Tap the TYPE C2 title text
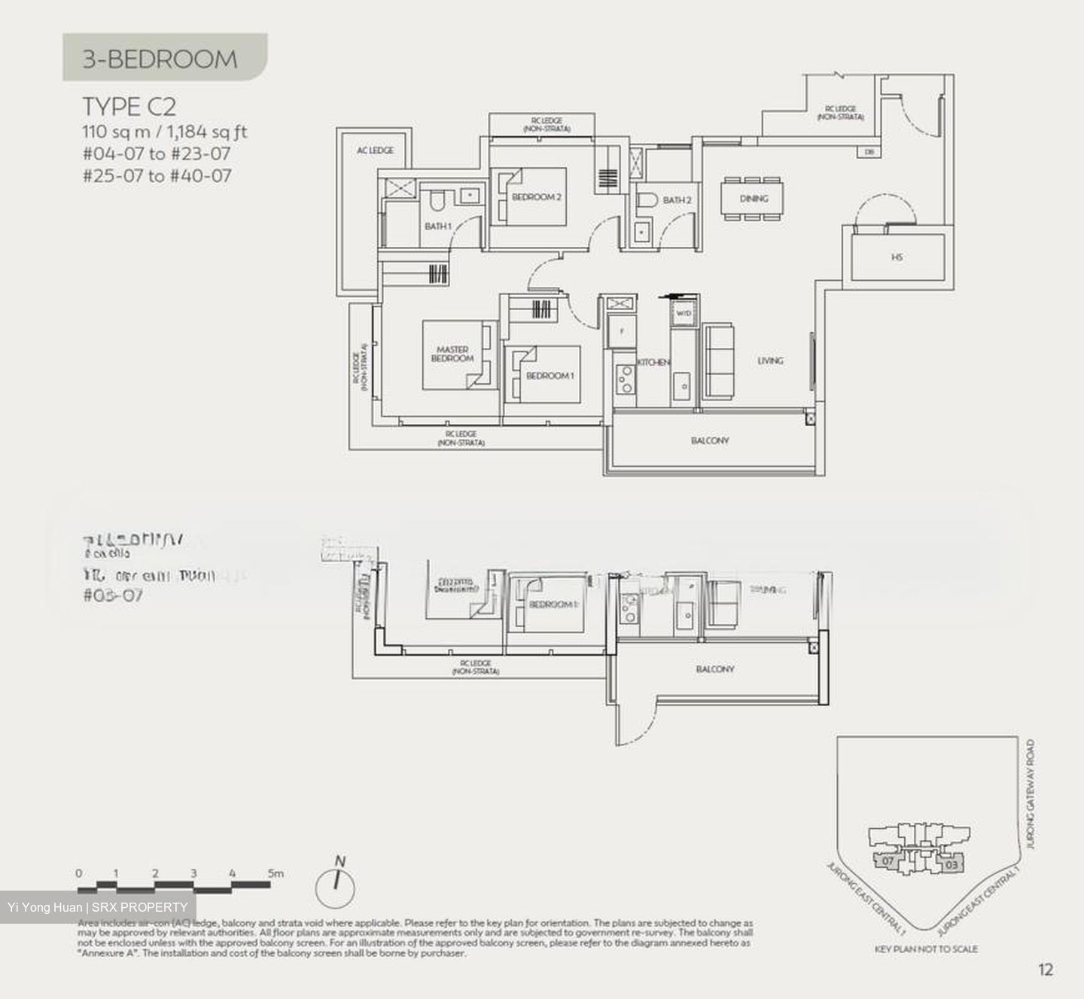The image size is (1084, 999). (129, 106)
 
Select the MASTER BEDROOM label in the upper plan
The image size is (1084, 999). (452, 354)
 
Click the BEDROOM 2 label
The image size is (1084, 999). (537, 197)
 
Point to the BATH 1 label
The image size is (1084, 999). (438, 226)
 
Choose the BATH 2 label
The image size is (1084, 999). (677, 200)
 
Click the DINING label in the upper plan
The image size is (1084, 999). (754, 199)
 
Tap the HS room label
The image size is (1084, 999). (897, 257)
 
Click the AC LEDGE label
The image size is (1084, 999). (375, 151)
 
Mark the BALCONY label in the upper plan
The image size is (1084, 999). (710, 440)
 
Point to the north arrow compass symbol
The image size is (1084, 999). (336, 885)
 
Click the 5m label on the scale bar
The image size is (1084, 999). (276, 873)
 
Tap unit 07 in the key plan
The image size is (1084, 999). (888, 860)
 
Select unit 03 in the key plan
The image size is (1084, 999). (951, 865)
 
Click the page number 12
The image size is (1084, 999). (1046, 970)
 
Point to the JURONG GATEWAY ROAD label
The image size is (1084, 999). (1030, 794)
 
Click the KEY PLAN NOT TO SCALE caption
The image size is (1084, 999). (926, 949)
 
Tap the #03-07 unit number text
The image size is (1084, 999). (113, 595)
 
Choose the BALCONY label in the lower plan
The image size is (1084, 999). (715, 669)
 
